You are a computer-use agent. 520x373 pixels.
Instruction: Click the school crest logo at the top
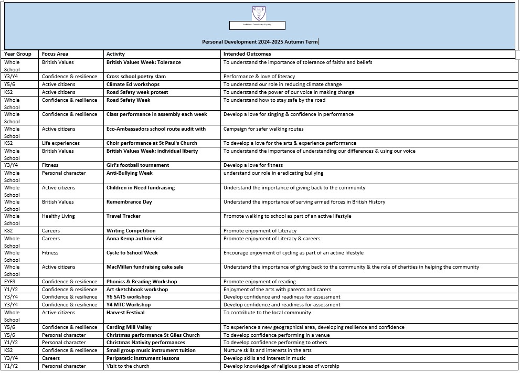point(258,13)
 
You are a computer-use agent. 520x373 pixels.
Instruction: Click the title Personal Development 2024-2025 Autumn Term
point(260,42)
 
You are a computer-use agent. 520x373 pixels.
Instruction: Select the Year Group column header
point(18,54)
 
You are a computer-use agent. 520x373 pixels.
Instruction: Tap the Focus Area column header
point(55,54)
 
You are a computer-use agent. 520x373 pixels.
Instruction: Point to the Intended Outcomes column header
point(247,54)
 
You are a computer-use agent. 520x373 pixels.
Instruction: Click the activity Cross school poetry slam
point(136,77)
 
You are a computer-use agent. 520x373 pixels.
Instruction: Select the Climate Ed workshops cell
point(133,84)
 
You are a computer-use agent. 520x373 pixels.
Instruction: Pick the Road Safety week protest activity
point(137,92)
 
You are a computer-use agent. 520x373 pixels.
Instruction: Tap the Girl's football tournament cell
point(137,165)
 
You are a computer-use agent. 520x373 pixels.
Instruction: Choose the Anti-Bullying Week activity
point(130,173)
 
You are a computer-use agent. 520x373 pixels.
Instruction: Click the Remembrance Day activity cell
point(129,202)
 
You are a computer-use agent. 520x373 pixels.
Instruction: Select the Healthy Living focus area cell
point(58,216)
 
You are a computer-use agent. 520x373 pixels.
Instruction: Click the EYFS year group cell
point(10,282)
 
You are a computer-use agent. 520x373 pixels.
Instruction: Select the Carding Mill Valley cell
point(129,327)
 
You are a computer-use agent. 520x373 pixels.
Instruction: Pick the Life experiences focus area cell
point(61,143)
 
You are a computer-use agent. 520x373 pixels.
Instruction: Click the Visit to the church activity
point(128,366)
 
